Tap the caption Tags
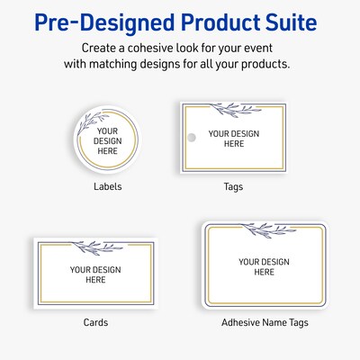pyautogui.click(x=232, y=187)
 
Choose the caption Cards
pyautogui.click(x=95, y=321)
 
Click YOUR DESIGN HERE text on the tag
pyautogui.click(x=233, y=138)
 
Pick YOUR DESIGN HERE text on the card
pyautogui.click(x=95, y=274)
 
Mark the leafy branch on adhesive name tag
pyautogui.click(x=262, y=227)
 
